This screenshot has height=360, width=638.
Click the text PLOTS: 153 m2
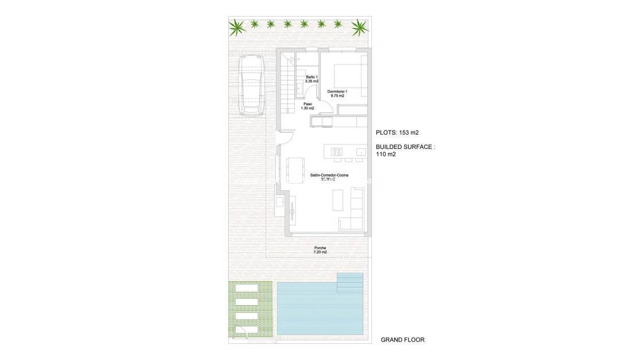[397, 132]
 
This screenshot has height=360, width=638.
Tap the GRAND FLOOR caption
[402, 340]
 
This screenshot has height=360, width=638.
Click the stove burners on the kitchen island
[337, 152]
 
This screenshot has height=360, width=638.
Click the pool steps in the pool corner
[350, 281]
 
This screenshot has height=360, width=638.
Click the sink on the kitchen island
[360, 152]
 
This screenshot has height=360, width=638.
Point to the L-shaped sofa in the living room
[355, 213]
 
